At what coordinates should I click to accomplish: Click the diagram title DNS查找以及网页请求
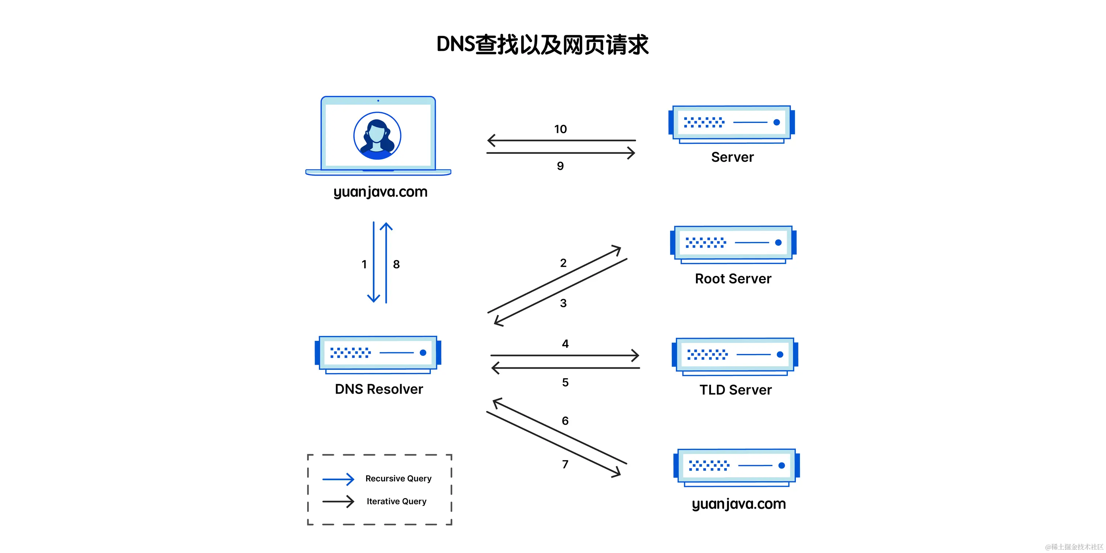pyautogui.click(x=542, y=45)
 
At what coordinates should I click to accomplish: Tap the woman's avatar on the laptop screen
pyautogui.click(x=377, y=136)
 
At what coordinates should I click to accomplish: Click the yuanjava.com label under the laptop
pyautogui.click(x=380, y=192)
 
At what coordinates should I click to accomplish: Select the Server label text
pyautogui.click(x=732, y=157)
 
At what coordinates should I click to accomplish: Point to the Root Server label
pyautogui.click(x=733, y=279)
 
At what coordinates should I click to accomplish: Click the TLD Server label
pyautogui.click(x=735, y=390)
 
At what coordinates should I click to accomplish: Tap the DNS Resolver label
pyautogui.click(x=379, y=389)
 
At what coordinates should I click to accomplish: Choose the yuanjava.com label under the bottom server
pyautogui.click(x=738, y=504)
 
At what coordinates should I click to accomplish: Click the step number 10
pyautogui.click(x=560, y=129)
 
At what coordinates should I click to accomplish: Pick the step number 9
pyautogui.click(x=560, y=166)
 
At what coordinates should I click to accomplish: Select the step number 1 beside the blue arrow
pyautogui.click(x=364, y=264)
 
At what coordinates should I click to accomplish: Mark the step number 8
pyautogui.click(x=396, y=264)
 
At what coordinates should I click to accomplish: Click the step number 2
pyautogui.click(x=563, y=263)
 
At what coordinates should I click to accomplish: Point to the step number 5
pyautogui.click(x=565, y=383)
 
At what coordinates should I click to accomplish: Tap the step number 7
pyautogui.click(x=565, y=464)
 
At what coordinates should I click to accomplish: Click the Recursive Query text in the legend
pyautogui.click(x=398, y=479)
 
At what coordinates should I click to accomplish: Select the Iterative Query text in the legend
pyautogui.click(x=396, y=501)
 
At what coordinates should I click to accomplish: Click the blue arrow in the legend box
pyautogui.click(x=338, y=479)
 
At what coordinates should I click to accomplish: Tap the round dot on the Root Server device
pyautogui.click(x=778, y=242)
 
